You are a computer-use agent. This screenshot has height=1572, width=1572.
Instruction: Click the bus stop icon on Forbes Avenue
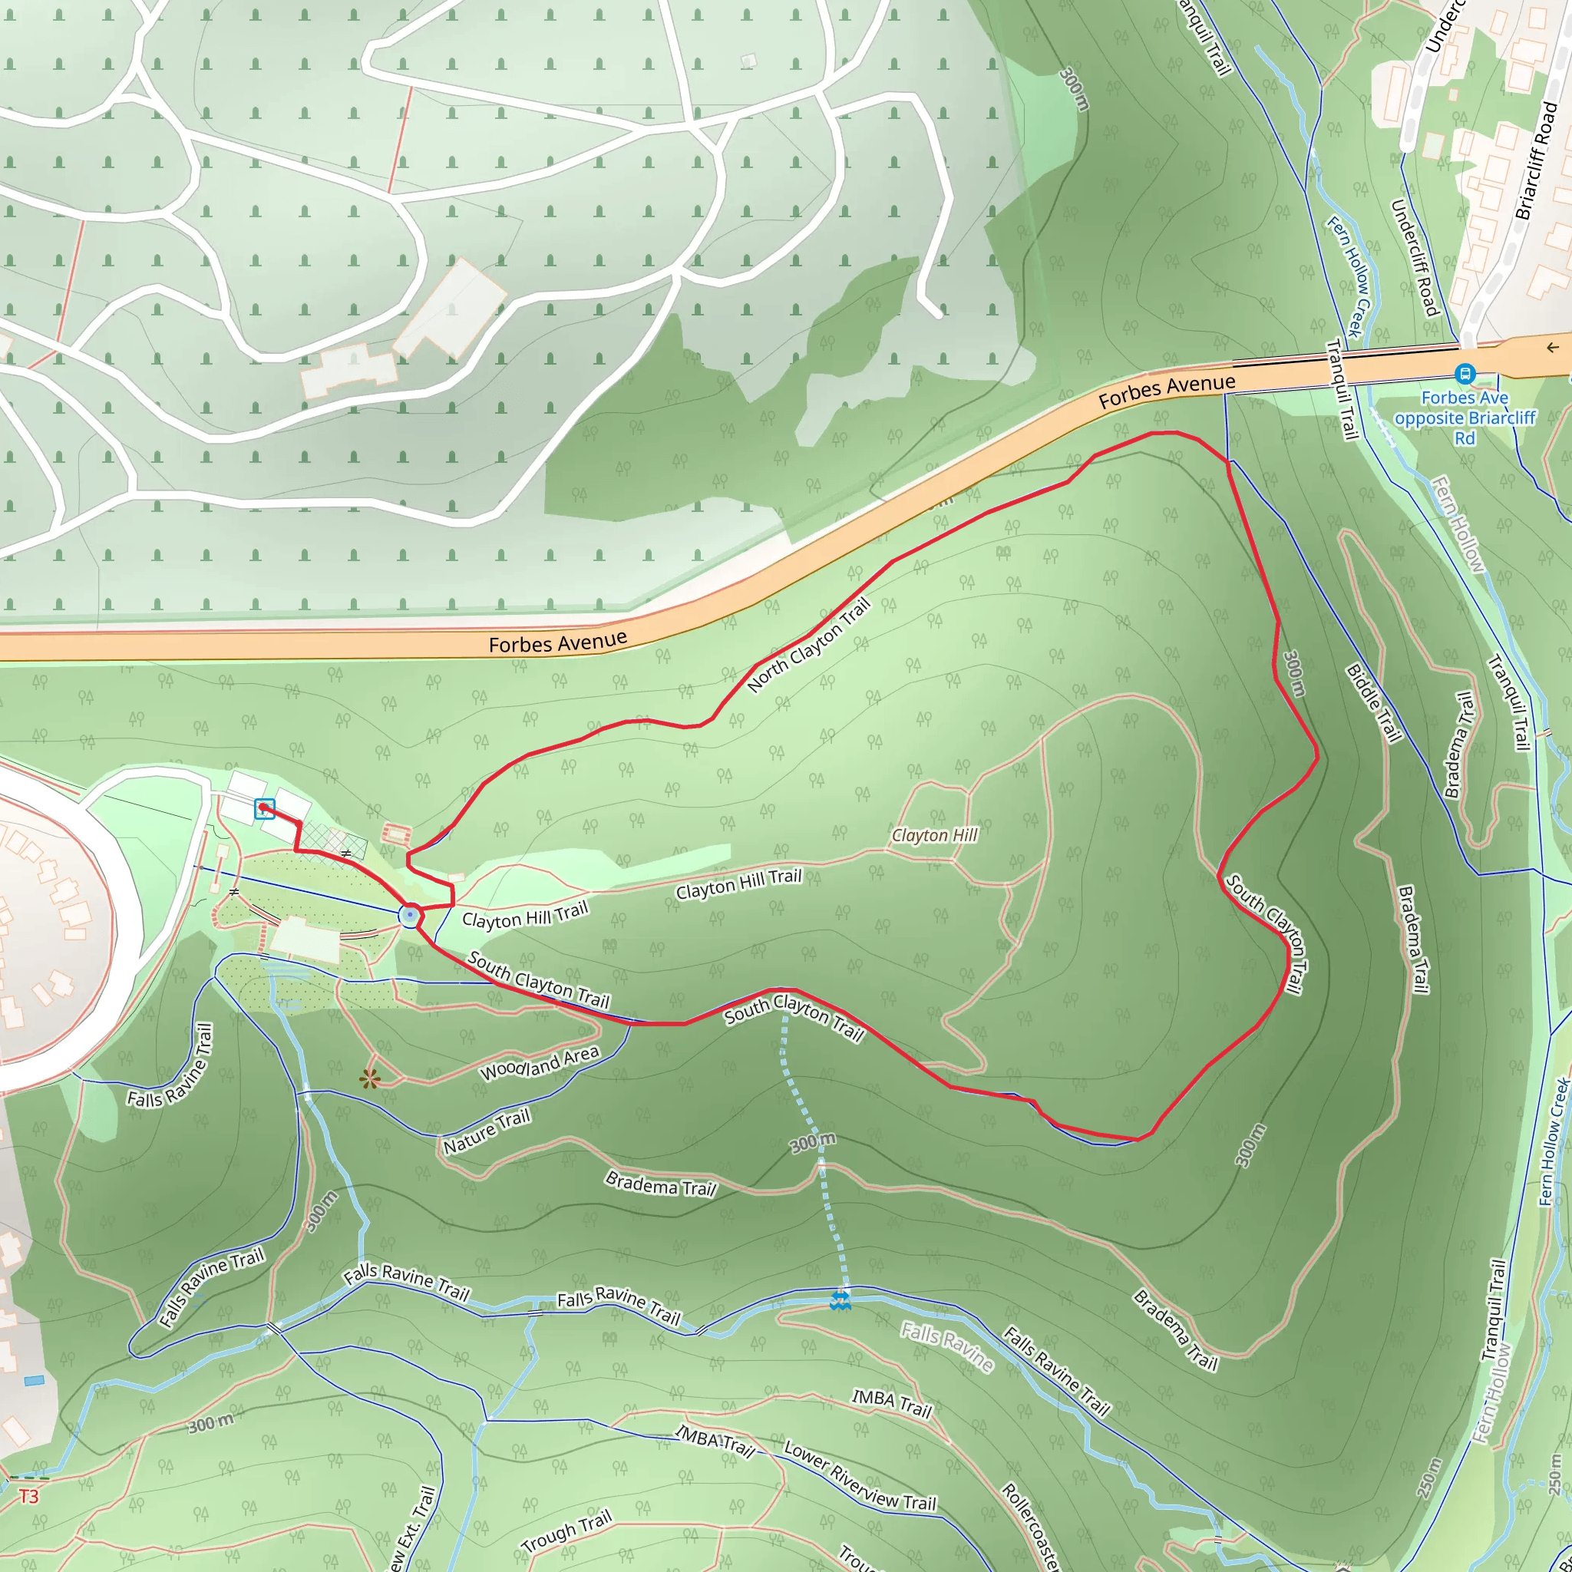tap(1465, 375)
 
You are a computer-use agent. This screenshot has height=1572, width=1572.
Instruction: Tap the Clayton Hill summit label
tap(934, 835)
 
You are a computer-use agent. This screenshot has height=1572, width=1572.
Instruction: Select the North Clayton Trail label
tap(809, 646)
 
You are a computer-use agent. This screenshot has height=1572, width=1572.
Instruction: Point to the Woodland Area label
tap(540, 1063)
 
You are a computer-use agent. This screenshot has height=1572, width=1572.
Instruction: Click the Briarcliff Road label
tap(1536, 162)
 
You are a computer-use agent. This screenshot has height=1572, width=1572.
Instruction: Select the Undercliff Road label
tap(1415, 257)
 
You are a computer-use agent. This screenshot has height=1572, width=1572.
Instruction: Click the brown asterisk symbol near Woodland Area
tap(369, 1080)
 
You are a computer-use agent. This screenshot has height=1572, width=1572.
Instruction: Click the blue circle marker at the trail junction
tap(410, 916)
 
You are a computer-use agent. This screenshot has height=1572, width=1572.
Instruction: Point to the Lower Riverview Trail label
tap(859, 1477)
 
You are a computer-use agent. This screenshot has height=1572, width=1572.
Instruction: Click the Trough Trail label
tap(566, 1532)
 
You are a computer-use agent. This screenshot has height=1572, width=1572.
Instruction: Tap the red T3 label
tap(28, 1496)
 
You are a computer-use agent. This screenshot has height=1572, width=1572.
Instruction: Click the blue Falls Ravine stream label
tap(946, 1347)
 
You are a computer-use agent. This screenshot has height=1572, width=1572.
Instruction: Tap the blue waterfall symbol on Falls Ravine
tap(840, 1300)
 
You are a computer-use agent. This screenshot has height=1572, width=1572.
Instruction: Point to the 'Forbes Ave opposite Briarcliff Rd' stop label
tap(1465, 418)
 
